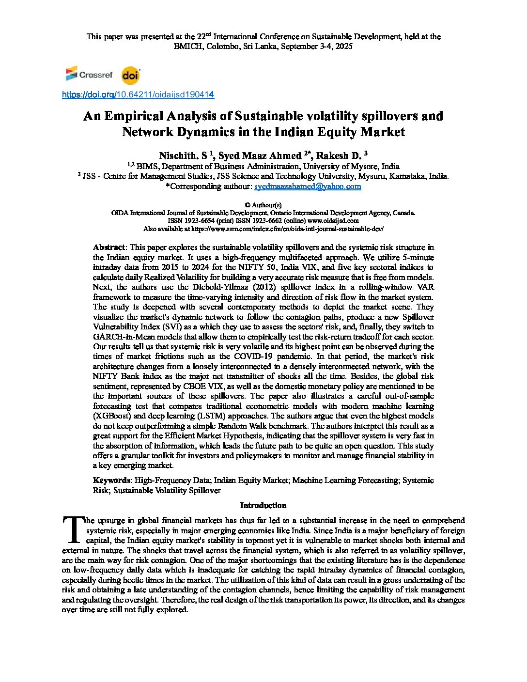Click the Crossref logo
[89, 75]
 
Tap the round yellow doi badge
[130, 76]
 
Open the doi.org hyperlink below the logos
[138, 95]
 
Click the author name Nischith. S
[184, 156]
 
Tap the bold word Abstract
[109, 248]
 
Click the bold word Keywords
[111, 480]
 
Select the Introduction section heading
[263, 506]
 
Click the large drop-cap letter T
[73, 529]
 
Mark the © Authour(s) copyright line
[263, 205]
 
